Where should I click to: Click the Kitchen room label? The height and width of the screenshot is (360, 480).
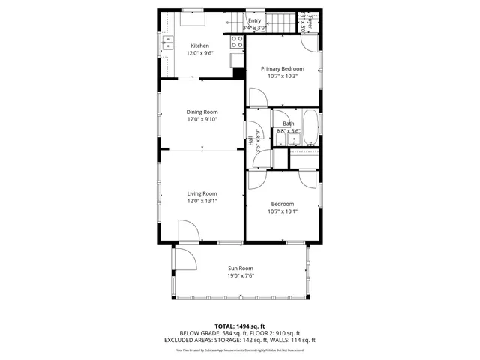pos(199,46)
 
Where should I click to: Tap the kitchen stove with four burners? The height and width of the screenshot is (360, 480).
pos(235,41)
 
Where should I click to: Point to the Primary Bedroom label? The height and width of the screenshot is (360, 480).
pos(282,68)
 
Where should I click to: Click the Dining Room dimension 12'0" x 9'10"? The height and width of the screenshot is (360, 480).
pos(202,120)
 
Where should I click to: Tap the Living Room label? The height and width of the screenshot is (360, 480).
pos(202,193)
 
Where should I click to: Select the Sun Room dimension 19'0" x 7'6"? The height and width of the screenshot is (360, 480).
pos(241,276)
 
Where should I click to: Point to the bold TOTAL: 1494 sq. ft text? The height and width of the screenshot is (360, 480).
pos(240,325)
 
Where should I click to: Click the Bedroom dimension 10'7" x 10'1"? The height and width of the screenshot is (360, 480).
pos(282,211)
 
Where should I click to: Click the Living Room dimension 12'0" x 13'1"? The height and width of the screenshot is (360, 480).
pos(202,201)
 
